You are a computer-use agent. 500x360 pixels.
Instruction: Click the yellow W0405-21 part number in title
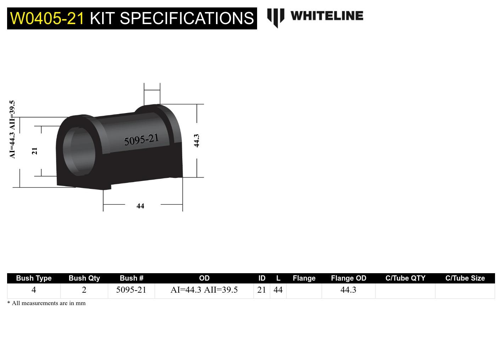[x=47, y=18]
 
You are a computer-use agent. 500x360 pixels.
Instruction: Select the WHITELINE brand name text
[x=327, y=16]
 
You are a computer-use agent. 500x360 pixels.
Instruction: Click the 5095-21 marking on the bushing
[x=141, y=140]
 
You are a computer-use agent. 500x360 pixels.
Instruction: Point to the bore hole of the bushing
[x=79, y=151]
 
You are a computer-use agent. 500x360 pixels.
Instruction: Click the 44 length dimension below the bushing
[x=140, y=206]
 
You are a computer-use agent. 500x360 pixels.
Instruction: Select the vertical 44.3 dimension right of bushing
[x=197, y=141]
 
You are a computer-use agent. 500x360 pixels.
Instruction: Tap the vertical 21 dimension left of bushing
[x=35, y=151]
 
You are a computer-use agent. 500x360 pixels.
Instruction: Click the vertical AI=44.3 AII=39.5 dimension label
[x=12, y=130]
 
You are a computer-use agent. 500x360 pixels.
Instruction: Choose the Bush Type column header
[x=34, y=278]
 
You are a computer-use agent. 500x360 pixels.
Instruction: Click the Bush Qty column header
[x=84, y=278]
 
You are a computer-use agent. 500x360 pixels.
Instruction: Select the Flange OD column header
[x=348, y=278]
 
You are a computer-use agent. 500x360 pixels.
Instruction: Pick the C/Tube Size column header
[x=465, y=278]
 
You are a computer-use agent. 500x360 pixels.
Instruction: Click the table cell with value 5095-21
[x=131, y=290]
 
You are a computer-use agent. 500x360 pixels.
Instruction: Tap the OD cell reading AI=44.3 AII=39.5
[x=204, y=290]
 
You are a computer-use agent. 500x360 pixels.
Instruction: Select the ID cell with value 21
[x=262, y=290]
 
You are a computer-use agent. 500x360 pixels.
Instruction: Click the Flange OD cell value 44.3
[x=348, y=290]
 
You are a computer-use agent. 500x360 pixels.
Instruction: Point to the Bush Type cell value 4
[x=34, y=290]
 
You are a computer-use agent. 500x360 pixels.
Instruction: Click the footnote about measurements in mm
[x=46, y=303]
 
